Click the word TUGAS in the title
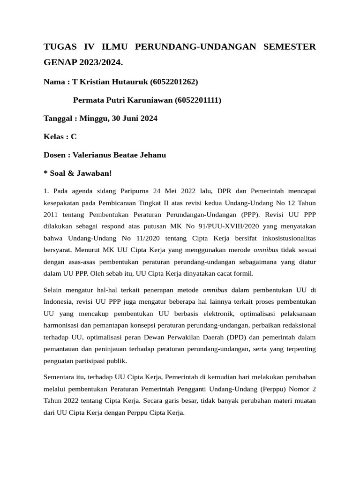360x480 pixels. tap(58, 47)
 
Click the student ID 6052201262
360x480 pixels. tap(174, 82)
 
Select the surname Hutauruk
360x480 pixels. tap(129, 82)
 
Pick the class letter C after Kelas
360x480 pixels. tap(74, 137)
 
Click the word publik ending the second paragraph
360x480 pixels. tap(116, 362)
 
